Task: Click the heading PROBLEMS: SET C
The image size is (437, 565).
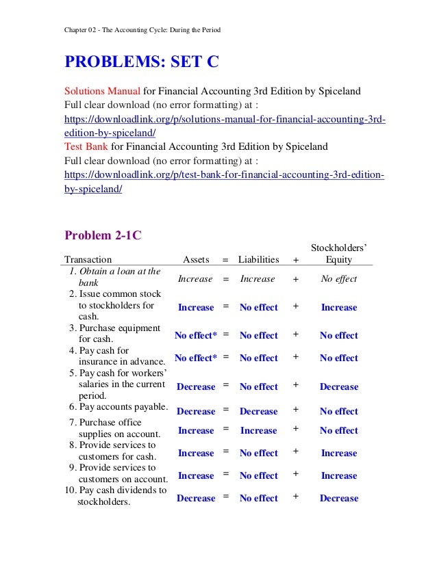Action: (141, 62)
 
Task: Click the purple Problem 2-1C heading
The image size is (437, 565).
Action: (103, 235)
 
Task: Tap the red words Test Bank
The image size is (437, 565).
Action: (86, 146)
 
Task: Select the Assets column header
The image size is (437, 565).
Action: (196, 259)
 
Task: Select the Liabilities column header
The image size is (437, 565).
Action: (258, 259)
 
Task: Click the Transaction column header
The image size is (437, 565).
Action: (88, 259)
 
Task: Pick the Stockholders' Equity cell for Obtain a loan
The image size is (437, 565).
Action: (339, 279)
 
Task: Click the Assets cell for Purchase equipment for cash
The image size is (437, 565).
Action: (195, 336)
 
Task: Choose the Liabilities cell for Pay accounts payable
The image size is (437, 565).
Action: (258, 412)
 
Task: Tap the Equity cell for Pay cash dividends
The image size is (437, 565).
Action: (339, 499)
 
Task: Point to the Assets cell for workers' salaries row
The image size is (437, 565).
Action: (195, 387)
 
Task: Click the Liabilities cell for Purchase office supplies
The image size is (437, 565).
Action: (258, 431)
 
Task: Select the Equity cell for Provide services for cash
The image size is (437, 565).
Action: (339, 454)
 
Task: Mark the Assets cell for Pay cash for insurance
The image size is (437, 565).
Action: (195, 358)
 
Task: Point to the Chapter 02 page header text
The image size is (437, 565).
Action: (142, 29)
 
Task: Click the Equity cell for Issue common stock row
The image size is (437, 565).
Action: (339, 308)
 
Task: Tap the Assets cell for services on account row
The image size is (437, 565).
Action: (195, 476)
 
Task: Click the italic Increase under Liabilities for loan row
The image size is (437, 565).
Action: (258, 279)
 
